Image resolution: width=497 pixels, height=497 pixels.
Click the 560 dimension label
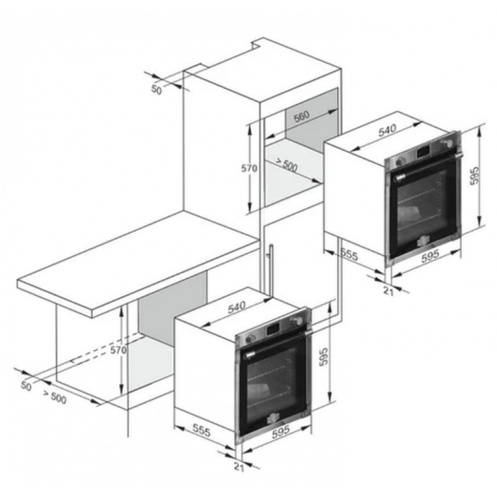click(302, 116)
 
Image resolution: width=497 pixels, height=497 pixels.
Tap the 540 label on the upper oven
click(387, 130)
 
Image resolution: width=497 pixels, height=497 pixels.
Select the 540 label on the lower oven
click(237, 307)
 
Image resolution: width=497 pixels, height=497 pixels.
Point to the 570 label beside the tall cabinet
click(249, 168)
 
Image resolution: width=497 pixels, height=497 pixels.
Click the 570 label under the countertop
click(118, 350)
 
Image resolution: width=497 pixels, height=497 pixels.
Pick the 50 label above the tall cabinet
click(156, 89)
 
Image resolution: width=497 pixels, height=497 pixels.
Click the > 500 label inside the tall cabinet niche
click(286, 165)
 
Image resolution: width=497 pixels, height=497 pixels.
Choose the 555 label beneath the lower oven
click(202, 430)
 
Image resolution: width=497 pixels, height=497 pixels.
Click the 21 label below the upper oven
click(389, 291)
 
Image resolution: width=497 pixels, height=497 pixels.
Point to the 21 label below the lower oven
click(239, 467)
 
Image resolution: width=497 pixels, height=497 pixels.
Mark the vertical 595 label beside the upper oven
click(475, 176)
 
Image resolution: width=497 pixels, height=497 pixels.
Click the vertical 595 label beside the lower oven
click(324, 357)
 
